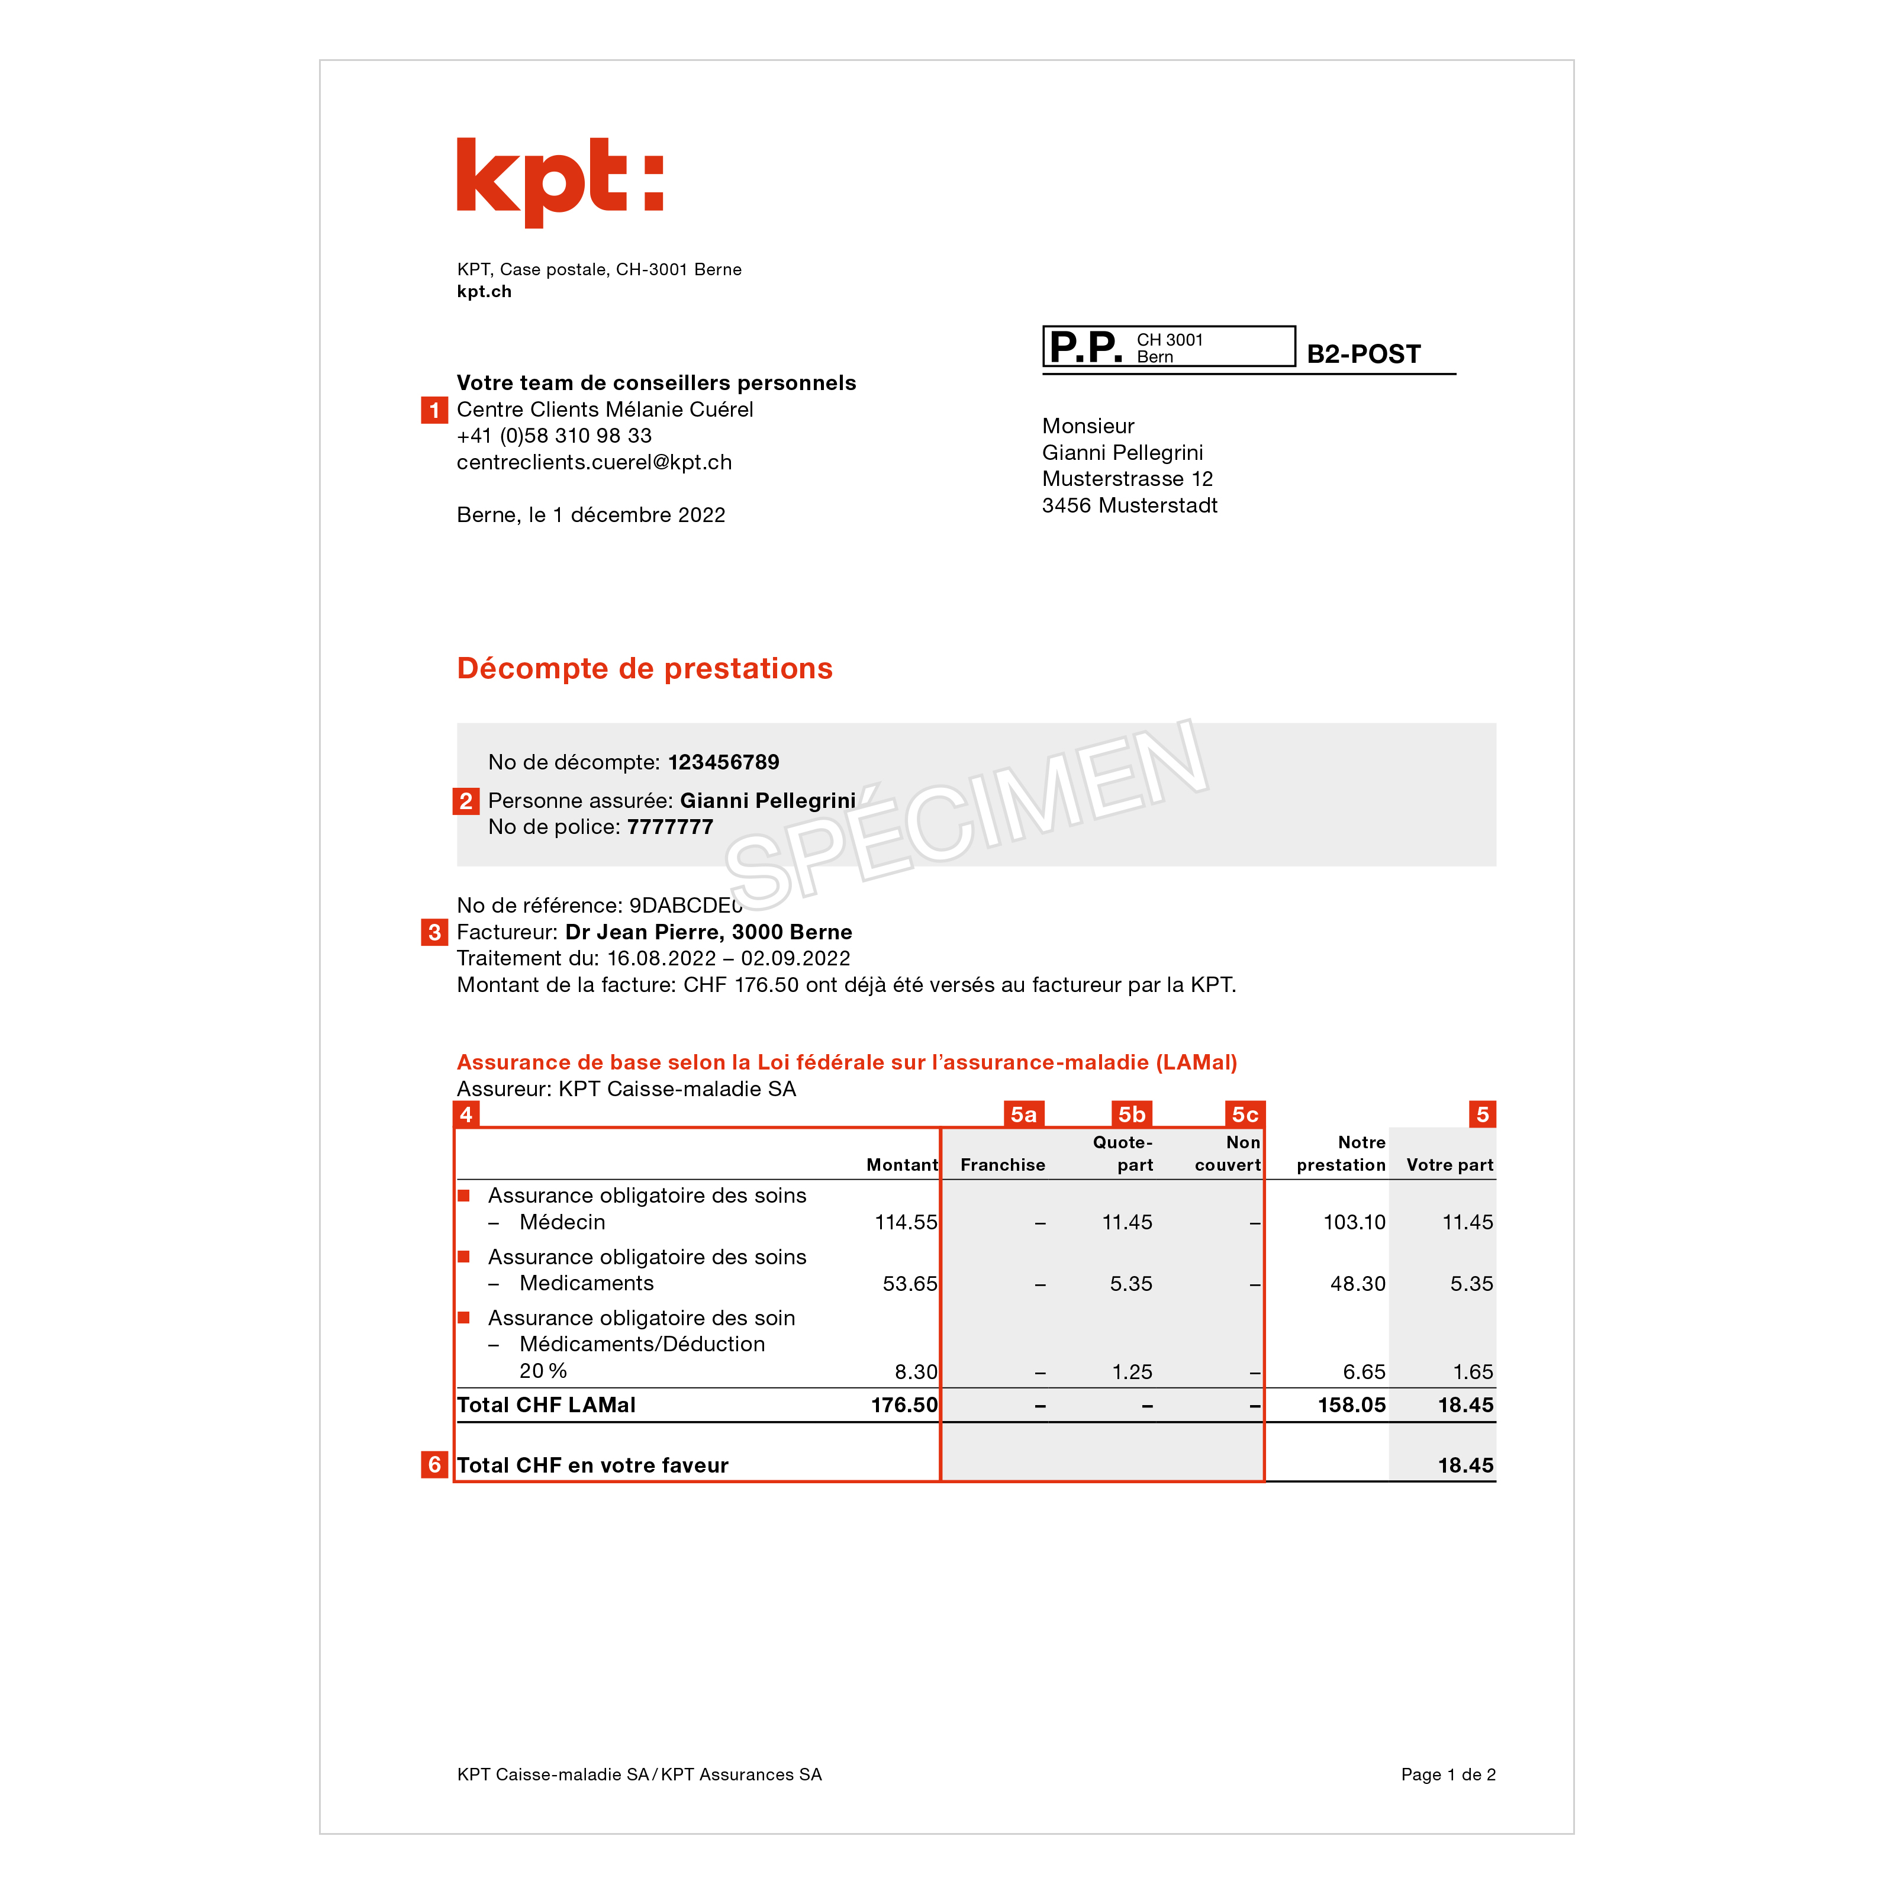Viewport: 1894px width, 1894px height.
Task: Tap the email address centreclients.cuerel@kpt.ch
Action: point(594,463)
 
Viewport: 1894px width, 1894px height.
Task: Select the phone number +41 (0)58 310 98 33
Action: point(554,436)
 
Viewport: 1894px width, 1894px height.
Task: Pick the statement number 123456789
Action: point(723,763)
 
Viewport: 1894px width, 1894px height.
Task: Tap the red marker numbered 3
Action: point(434,932)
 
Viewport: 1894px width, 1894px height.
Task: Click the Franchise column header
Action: point(1002,1165)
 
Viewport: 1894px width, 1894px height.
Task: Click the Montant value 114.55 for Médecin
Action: point(905,1222)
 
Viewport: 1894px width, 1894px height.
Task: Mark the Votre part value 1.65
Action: point(1473,1373)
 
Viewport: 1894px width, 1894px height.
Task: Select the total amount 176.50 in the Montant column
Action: point(904,1406)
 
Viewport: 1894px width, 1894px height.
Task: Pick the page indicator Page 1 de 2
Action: point(1447,1774)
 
